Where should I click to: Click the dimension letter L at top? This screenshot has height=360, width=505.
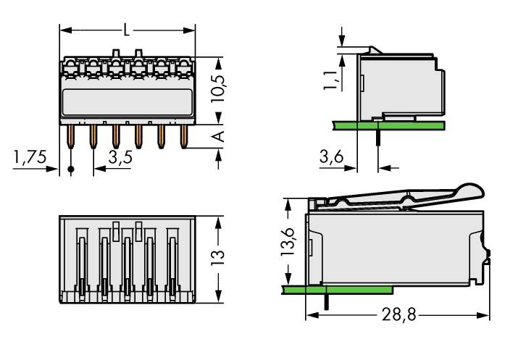(128, 30)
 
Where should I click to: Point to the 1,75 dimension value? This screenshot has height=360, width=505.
(30, 158)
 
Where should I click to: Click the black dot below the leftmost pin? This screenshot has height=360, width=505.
(70, 171)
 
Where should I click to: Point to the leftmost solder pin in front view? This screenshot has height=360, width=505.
(70, 136)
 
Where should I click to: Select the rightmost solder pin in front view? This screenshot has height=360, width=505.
(183, 135)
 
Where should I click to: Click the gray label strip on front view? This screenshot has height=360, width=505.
(128, 101)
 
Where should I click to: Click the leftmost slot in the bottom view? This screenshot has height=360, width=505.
(82, 261)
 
